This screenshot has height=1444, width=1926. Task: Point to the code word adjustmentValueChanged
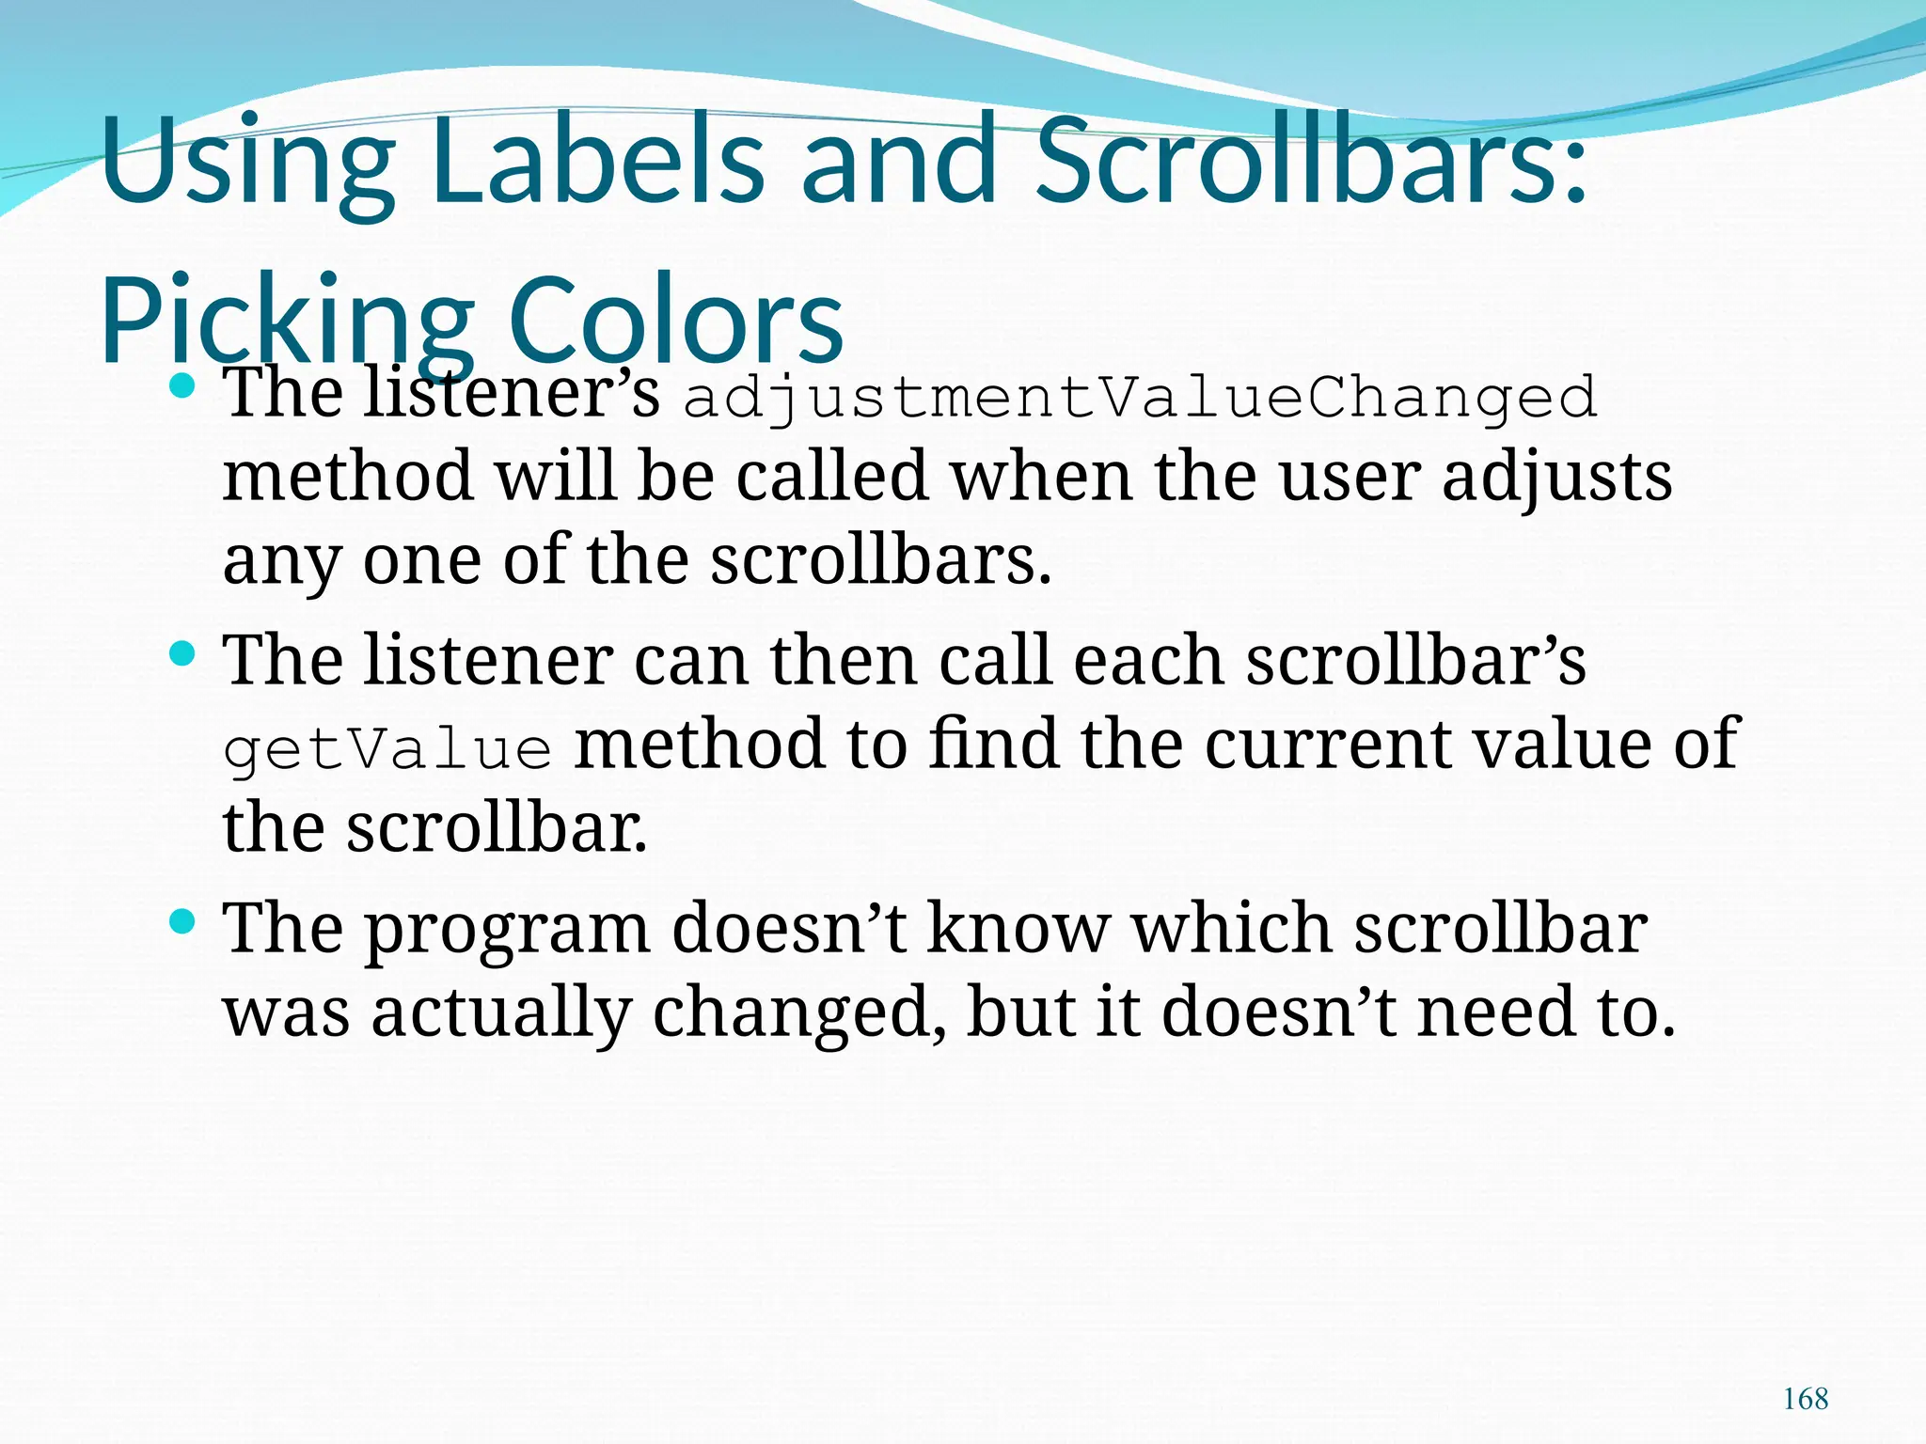[1140, 399]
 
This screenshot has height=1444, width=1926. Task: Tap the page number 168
[1806, 1399]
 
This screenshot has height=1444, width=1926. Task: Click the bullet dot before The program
[182, 921]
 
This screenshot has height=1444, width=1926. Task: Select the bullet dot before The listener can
[182, 653]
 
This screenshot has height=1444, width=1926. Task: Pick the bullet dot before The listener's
[182, 385]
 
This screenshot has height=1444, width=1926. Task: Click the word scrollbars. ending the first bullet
[880, 559]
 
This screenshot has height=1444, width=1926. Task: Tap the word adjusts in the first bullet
[1556, 478]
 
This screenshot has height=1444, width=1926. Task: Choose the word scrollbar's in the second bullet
[1415, 661]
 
